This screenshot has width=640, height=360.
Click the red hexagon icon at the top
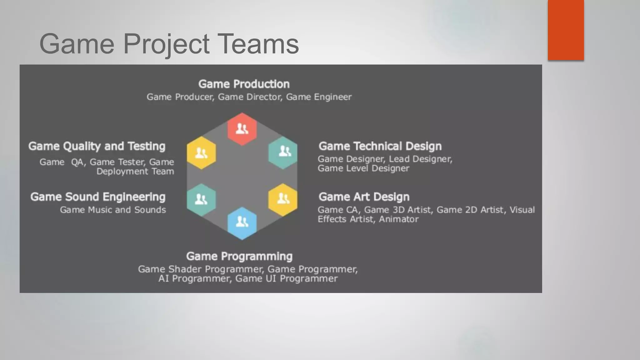point(242,129)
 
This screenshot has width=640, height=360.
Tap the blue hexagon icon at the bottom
point(242,223)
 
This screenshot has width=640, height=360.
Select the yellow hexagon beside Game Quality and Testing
point(201,153)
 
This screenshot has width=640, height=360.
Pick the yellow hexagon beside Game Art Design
point(283,199)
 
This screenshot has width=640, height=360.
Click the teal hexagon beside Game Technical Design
point(283,152)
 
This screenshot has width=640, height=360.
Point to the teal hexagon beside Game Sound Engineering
point(201,200)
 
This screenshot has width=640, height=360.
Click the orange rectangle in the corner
point(566,30)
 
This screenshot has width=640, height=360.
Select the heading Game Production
point(244,84)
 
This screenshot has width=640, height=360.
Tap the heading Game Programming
point(239,256)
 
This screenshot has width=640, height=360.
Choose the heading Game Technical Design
point(380,146)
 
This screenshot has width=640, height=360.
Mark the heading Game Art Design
point(364,197)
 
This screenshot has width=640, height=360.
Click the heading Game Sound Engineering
point(98,197)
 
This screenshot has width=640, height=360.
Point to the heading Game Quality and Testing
point(97,146)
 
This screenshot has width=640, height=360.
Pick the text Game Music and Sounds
point(113,210)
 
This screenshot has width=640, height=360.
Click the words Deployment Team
point(135,171)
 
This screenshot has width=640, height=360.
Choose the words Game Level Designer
point(363,168)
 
